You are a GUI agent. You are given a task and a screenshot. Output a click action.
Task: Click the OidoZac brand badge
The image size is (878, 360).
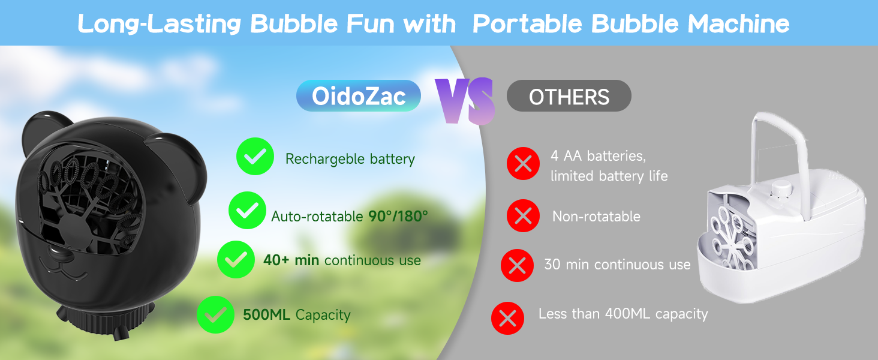click(359, 96)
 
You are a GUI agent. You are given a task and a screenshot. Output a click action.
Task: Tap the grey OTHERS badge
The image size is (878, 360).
click(569, 96)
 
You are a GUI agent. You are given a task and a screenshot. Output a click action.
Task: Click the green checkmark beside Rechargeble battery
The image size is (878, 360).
click(255, 157)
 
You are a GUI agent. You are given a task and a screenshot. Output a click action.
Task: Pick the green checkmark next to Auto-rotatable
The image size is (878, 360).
click(247, 211)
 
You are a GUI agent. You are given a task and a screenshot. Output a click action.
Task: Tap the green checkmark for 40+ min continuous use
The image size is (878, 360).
click(236, 259)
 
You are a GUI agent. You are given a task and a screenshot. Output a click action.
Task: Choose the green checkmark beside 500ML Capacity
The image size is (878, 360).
click(215, 314)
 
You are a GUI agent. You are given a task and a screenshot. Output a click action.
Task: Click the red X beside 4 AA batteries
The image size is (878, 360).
click(523, 163)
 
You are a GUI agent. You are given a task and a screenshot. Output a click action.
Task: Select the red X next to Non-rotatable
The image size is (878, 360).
click(523, 215)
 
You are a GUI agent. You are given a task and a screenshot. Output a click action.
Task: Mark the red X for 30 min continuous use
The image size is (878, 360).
click(517, 265)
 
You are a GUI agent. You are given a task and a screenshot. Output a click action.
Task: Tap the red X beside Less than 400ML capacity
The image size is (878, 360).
click(507, 318)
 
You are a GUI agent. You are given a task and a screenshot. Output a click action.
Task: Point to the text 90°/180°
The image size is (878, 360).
click(398, 216)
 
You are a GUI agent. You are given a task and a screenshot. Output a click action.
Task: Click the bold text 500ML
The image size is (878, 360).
click(267, 314)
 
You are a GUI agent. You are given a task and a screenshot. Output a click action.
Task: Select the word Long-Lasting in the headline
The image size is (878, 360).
click(160, 24)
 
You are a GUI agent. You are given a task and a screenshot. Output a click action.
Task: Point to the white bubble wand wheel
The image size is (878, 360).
click(730, 234)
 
